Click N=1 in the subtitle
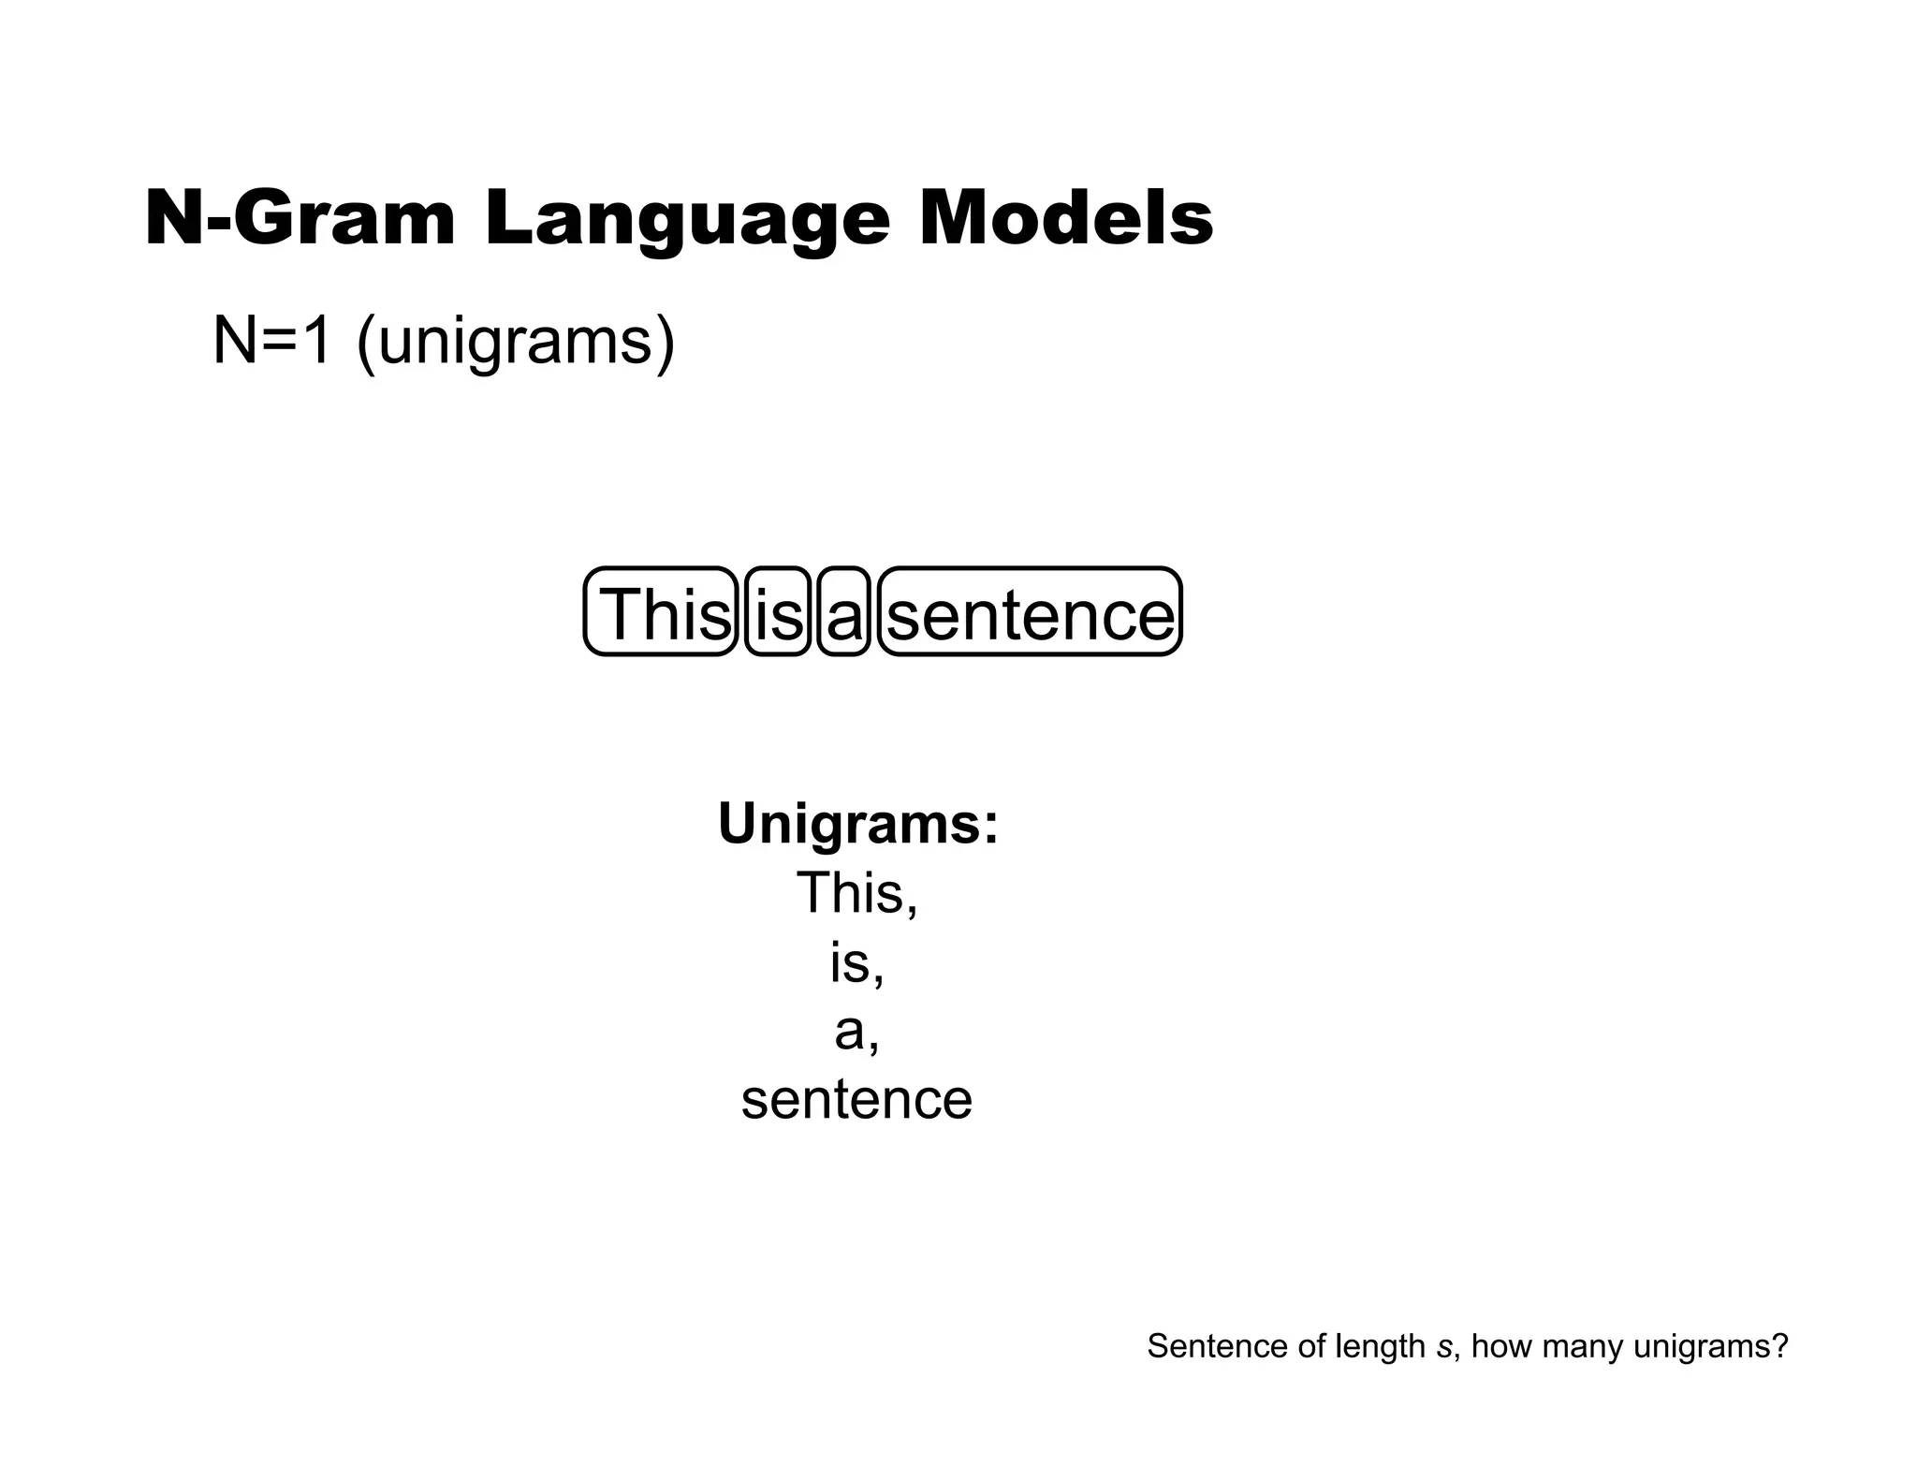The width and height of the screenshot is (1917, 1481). click(271, 341)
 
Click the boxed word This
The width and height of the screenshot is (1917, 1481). click(662, 614)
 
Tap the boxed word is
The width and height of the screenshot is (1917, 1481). click(778, 614)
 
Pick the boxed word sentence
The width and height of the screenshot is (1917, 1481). click(1030, 614)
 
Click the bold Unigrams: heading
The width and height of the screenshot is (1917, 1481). click(858, 824)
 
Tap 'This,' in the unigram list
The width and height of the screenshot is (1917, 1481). click(857, 893)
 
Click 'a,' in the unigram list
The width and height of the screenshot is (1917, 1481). click(856, 1032)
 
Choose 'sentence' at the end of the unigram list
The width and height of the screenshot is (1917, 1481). click(856, 1100)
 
